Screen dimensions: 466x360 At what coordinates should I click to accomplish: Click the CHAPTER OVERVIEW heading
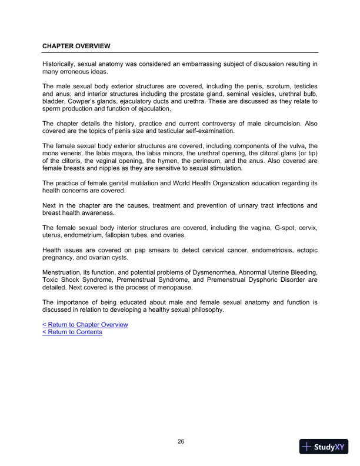coord(76,45)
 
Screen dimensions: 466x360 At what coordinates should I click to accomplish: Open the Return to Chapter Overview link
coord(85,325)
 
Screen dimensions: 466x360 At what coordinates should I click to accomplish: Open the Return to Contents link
coord(72,332)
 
